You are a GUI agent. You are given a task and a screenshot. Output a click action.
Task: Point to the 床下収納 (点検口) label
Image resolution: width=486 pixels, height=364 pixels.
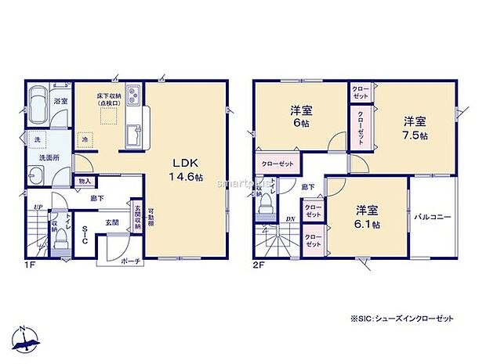109,99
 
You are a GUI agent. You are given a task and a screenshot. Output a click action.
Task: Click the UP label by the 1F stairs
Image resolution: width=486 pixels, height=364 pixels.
37,207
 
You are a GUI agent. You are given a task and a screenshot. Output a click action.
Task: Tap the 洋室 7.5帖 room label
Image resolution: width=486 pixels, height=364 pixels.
415,128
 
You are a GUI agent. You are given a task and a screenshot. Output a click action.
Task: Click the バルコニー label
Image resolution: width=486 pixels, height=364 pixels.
433,217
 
